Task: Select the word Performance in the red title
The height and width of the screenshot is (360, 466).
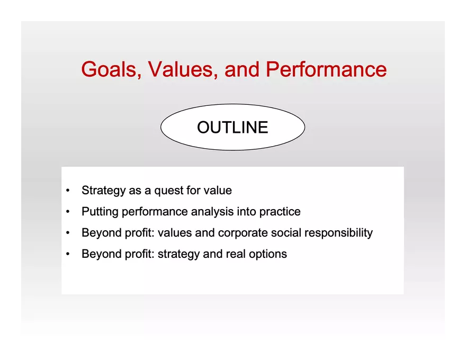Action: tap(326, 70)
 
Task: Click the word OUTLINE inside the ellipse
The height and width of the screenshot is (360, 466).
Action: tap(232, 128)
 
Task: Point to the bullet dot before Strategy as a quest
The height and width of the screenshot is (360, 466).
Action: tap(68, 191)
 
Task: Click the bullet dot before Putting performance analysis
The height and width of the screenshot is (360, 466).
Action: tap(68, 212)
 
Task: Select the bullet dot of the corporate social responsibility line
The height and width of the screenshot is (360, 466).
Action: tap(68, 233)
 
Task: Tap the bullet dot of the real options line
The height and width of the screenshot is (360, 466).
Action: tap(68, 254)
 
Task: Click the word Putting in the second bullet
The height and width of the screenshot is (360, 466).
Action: tap(100, 212)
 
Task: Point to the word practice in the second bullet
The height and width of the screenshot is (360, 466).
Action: tap(280, 212)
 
